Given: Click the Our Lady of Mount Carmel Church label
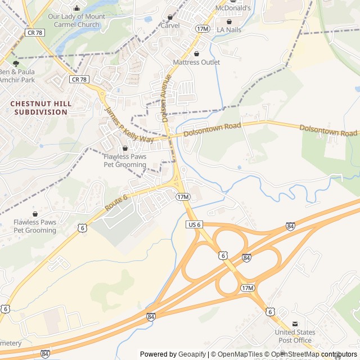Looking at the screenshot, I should click(x=76, y=21).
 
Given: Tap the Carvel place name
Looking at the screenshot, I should click(x=170, y=25).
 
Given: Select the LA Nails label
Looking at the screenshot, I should click(x=228, y=29).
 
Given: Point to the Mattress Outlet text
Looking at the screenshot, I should click(x=196, y=62).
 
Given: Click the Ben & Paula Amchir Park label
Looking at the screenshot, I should click(x=17, y=76).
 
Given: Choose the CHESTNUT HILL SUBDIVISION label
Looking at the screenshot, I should click(x=41, y=108).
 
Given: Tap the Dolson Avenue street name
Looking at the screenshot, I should click(x=165, y=98).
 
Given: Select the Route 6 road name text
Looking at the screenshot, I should click(x=116, y=203).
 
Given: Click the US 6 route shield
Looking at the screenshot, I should click(x=193, y=224).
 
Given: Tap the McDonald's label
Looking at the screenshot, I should click(x=233, y=8).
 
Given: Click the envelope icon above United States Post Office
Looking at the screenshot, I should click(x=295, y=324).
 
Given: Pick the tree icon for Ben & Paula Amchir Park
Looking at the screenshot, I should click(x=15, y=64).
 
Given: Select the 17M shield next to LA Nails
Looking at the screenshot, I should click(x=202, y=28).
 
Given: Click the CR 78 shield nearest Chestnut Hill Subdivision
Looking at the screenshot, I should click(x=79, y=80).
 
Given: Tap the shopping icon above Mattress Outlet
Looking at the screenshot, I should click(x=196, y=53).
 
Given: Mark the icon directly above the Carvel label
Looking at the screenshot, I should click(x=170, y=17).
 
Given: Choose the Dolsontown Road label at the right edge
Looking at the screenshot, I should click(x=328, y=131).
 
